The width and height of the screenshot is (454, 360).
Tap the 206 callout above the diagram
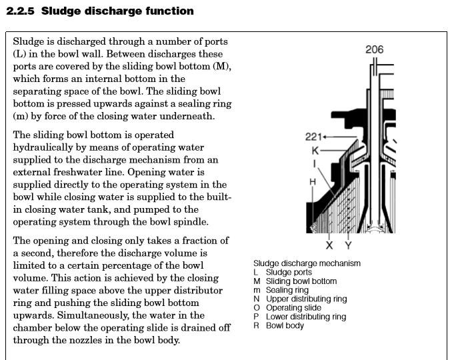[375, 49]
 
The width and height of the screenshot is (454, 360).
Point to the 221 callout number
[313, 137]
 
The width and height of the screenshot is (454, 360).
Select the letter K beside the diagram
[316, 150]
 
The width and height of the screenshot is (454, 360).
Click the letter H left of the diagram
[312, 181]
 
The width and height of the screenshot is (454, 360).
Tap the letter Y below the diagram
[348, 245]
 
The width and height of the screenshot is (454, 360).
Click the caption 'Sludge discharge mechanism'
[307, 263]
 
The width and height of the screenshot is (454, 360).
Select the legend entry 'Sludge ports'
[289, 272]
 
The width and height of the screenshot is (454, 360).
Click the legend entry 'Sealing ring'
[287, 290]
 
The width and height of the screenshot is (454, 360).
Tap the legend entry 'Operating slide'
[293, 308]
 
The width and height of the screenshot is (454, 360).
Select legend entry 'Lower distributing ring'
[306, 317]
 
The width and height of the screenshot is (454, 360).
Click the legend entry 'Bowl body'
[285, 326]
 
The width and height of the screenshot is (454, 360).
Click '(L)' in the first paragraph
[19, 54]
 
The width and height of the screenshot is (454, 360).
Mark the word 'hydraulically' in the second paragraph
[44, 147]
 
